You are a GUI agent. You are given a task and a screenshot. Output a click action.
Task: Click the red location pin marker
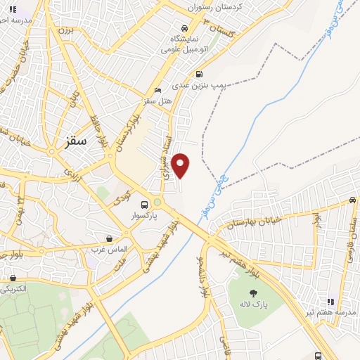tap(181, 165)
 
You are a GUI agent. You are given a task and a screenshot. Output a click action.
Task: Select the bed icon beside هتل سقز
tap(157, 91)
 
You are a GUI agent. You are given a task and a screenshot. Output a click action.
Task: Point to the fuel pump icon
tap(200, 73)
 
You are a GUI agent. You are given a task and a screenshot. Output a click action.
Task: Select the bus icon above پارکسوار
tap(144, 206)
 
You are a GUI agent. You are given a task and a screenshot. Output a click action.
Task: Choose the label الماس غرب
tap(108, 250)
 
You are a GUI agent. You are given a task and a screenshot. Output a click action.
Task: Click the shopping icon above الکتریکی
tap(13, 278)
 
